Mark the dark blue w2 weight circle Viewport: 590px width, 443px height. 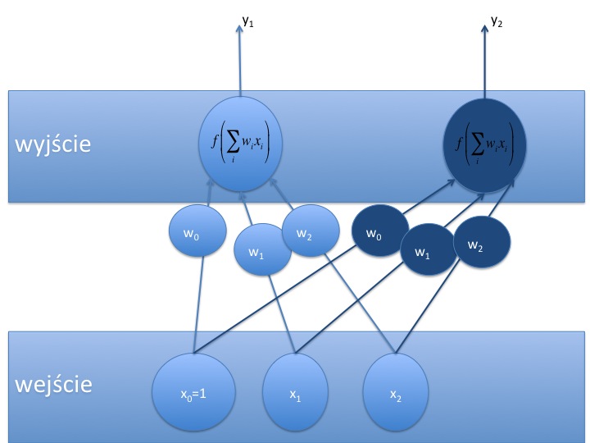(482, 243)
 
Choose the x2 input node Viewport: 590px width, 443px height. (395, 395)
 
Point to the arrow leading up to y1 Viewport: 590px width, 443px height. (240, 62)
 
